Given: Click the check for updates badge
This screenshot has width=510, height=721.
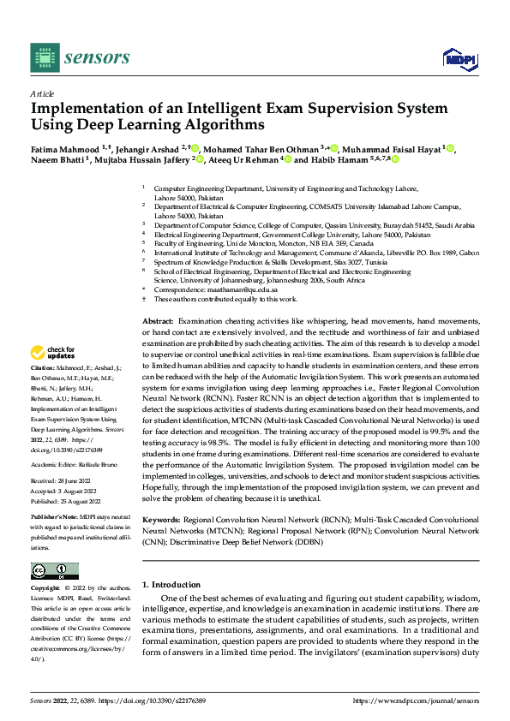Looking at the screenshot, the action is point(52,353).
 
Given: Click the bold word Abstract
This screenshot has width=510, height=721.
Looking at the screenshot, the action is point(157,319).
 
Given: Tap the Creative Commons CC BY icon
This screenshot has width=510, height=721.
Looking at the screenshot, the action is point(54,571).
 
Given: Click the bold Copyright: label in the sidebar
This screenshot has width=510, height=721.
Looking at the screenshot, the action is point(46,589).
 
